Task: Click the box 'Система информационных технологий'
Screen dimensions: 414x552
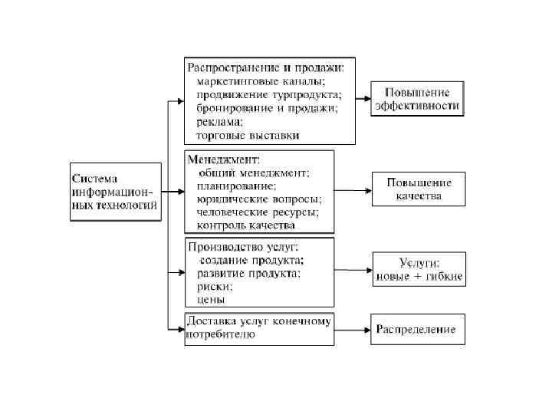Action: pos(116,192)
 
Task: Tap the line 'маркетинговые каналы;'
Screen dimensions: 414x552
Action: pos(261,80)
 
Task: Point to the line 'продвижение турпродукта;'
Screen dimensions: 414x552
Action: pos(269,94)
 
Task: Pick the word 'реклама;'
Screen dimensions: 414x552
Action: pos(220,121)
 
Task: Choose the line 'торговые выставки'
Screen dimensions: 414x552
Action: pos(248,135)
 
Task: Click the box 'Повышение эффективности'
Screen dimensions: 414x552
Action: pos(417,99)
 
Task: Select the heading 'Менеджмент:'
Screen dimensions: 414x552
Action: pos(225,159)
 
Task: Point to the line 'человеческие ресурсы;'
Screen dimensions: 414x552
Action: pos(258,212)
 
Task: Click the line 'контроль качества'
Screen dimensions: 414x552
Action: pos(245,225)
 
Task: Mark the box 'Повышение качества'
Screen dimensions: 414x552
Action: pos(419,189)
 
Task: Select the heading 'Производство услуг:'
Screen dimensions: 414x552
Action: pos(243,246)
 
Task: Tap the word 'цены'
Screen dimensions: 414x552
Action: pos(209,300)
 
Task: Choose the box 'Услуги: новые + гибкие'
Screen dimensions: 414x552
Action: pos(419,269)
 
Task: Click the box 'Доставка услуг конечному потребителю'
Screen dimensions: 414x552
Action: pos(259,328)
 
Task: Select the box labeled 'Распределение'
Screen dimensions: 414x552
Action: pos(417,330)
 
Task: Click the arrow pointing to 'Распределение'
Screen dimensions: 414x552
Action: pos(352,330)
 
